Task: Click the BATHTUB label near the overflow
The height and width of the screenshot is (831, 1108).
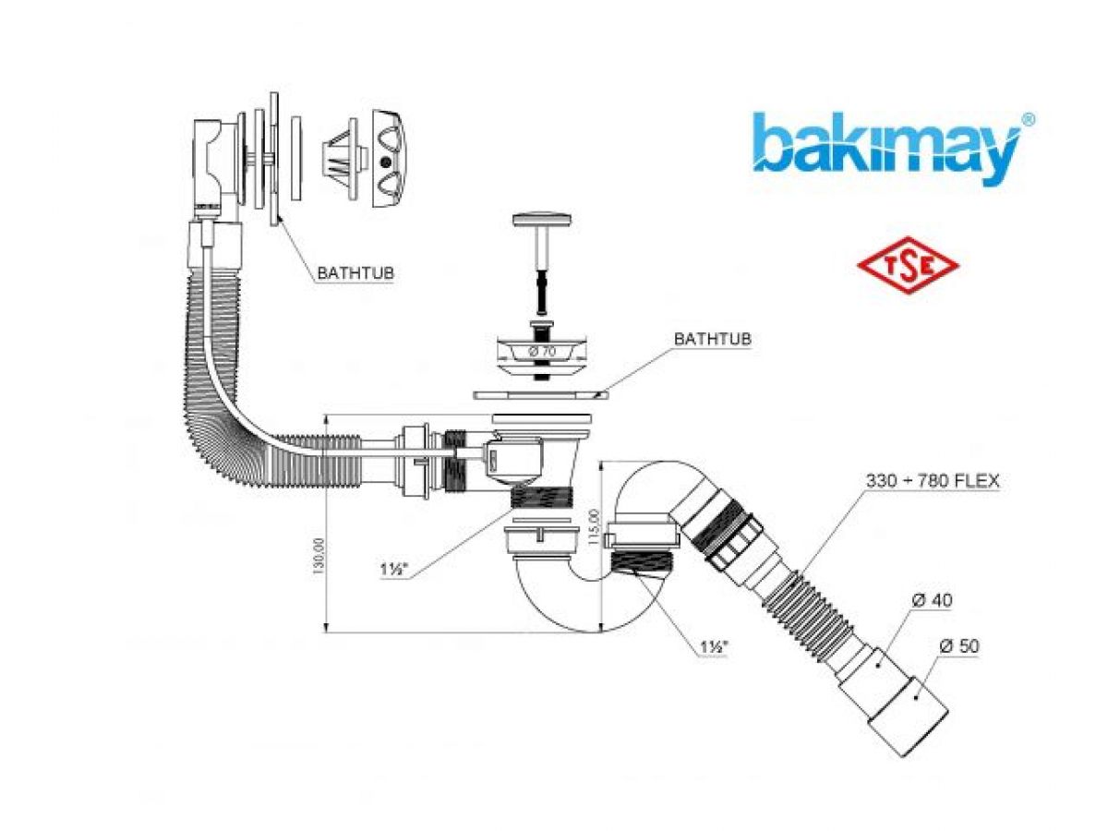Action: (x=355, y=273)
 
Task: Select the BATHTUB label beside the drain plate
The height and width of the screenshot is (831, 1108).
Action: (x=712, y=339)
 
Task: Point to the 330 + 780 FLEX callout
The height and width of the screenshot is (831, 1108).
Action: (x=933, y=481)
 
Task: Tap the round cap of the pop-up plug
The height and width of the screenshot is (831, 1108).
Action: (x=538, y=221)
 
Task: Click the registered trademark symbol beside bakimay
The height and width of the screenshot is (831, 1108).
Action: (x=1028, y=119)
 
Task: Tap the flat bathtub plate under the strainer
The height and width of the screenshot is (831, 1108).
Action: (x=540, y=393)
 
